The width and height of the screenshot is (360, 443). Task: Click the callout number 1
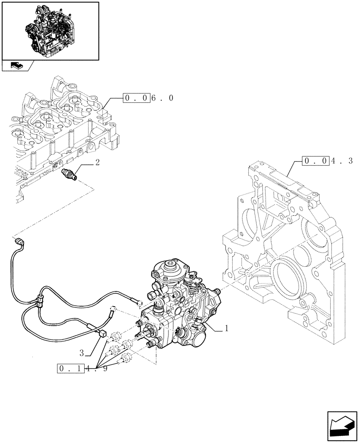(x=227, y=328)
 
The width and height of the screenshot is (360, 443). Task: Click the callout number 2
(x=97, y=163)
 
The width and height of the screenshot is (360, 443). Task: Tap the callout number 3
(x=82, y=353)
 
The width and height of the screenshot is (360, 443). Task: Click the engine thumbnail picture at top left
(x=50, y=30)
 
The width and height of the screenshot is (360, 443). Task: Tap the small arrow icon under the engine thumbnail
(x=17, y=66)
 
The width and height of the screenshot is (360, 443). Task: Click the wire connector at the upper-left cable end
(x=20, y=242)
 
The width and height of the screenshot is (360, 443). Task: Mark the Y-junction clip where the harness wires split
(x=41, y=302)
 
